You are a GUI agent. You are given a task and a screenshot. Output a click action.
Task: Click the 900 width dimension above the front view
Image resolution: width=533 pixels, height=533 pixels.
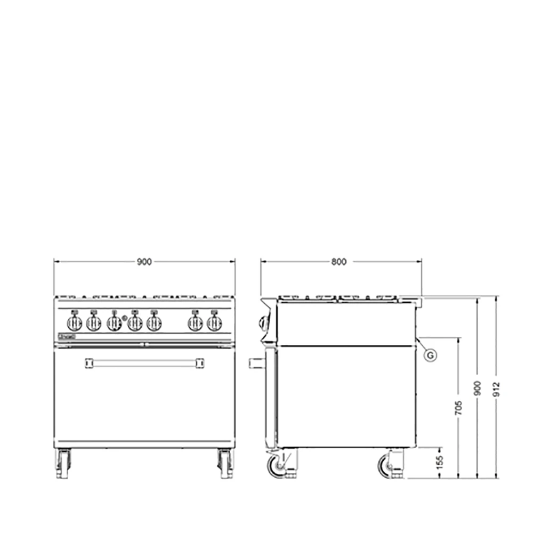point(144,262)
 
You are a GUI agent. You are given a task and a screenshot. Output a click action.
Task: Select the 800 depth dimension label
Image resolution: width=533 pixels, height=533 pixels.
point(338,262)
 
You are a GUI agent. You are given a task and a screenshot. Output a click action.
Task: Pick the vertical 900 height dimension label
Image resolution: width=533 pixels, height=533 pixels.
point(478,387)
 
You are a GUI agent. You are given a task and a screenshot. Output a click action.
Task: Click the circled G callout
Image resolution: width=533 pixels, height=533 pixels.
point(431,354)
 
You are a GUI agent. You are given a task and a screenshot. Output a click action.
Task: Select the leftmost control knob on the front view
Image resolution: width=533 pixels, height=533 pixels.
point(74,322)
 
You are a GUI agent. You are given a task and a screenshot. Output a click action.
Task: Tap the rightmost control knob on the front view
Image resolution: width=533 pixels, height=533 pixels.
point(214,323)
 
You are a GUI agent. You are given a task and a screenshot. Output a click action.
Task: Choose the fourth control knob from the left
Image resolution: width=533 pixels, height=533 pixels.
point(135,323)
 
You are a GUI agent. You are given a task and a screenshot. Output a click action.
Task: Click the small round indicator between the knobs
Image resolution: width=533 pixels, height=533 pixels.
point(124,318)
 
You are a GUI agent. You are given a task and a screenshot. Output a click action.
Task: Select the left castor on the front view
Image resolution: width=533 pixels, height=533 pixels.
point(63,463)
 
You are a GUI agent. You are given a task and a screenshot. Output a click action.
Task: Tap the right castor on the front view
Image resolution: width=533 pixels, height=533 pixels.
point(225,463)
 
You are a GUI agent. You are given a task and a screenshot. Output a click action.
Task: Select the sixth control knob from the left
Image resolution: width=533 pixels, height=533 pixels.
point(195,323)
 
